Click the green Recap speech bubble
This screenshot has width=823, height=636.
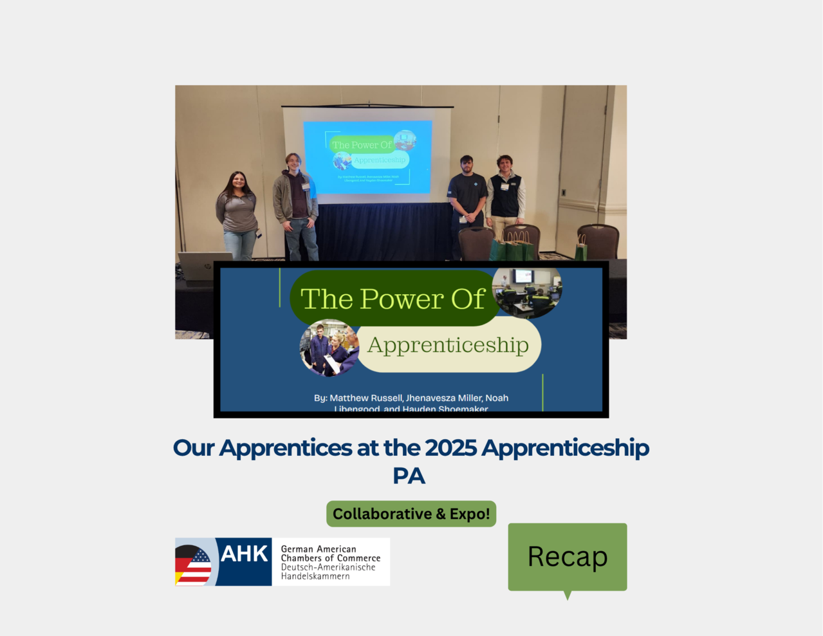coord(567,557)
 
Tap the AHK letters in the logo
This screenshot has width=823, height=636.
coord(244,554)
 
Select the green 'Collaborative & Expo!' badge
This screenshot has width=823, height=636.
coord(411,514)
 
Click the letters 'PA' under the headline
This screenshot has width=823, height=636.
coord(409,476)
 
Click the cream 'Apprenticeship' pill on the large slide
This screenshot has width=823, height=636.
coord(448,346)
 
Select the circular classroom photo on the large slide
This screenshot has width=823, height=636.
coord(528,291)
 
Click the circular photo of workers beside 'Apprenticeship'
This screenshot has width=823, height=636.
coord(329,348)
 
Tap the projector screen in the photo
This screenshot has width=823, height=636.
coord(367,157)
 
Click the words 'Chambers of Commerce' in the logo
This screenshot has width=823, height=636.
coord(330,558)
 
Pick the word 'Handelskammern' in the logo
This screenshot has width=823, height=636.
coord(315,576)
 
